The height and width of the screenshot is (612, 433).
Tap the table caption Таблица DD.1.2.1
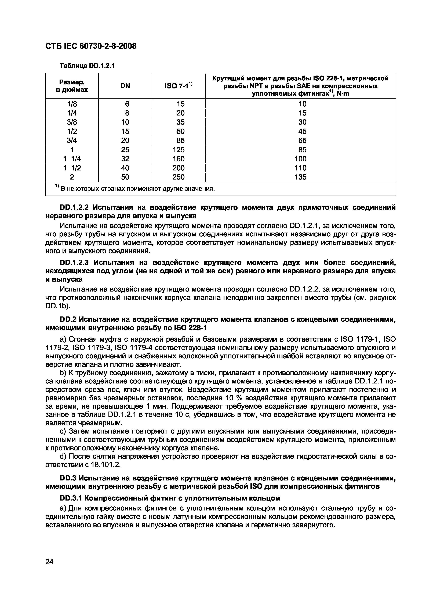pos(87,66)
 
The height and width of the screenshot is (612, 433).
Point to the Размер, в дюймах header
pos(72,86)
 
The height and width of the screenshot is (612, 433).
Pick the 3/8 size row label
pos(72,122)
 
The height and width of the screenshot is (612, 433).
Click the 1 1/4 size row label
pos(72,159)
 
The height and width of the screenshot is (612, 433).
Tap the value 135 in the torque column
pos(300,177)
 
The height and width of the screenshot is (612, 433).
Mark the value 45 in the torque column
pos(302,131)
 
